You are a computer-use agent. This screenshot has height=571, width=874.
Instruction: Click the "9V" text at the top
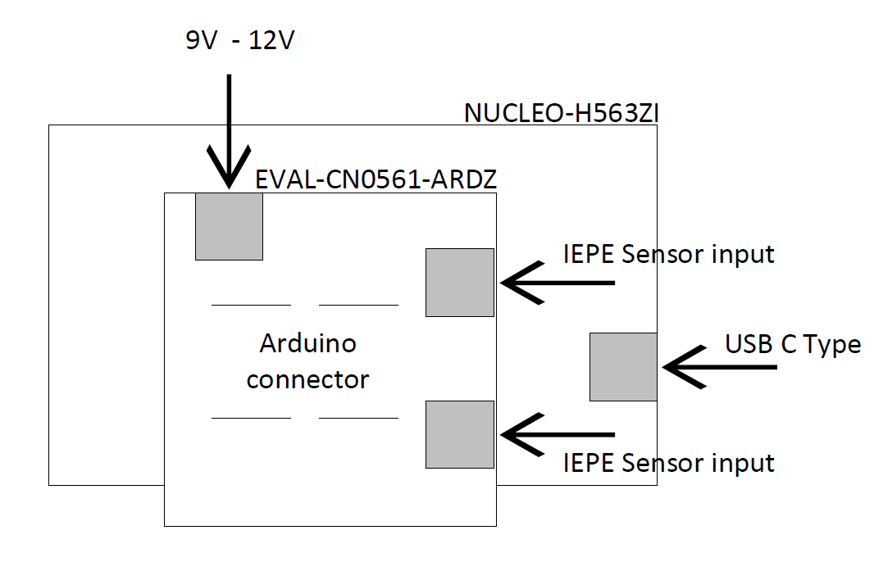(201, 40)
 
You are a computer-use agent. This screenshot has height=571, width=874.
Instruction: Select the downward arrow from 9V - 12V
(229, 131)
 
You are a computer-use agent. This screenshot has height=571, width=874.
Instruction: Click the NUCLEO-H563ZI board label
(562, 113)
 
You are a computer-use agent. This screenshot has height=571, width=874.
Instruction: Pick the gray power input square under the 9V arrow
(229, 227)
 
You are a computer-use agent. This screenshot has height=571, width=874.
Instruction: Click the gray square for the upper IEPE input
(459, 283)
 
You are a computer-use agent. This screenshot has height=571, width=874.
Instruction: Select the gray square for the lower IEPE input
(459, 434)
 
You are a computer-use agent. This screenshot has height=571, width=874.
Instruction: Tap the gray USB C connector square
(623, 367)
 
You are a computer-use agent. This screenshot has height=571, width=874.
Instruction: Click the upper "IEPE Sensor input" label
(668, 254)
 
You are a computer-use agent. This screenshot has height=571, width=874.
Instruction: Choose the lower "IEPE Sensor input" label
(668, 463)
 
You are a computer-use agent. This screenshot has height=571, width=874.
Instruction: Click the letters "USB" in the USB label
(747, 344)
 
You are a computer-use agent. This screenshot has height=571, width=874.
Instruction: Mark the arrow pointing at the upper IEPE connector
(558, 283)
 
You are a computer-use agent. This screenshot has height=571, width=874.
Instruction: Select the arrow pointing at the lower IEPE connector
(558, 434)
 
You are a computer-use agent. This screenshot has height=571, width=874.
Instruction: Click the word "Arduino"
(307, 343)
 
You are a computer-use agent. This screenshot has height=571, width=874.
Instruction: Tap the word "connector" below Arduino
(307, 380)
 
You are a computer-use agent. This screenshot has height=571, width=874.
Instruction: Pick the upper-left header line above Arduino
(251, 305)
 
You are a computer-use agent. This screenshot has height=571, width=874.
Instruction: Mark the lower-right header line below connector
(358, 418)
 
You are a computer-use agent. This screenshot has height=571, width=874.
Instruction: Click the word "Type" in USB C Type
(832, 345)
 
